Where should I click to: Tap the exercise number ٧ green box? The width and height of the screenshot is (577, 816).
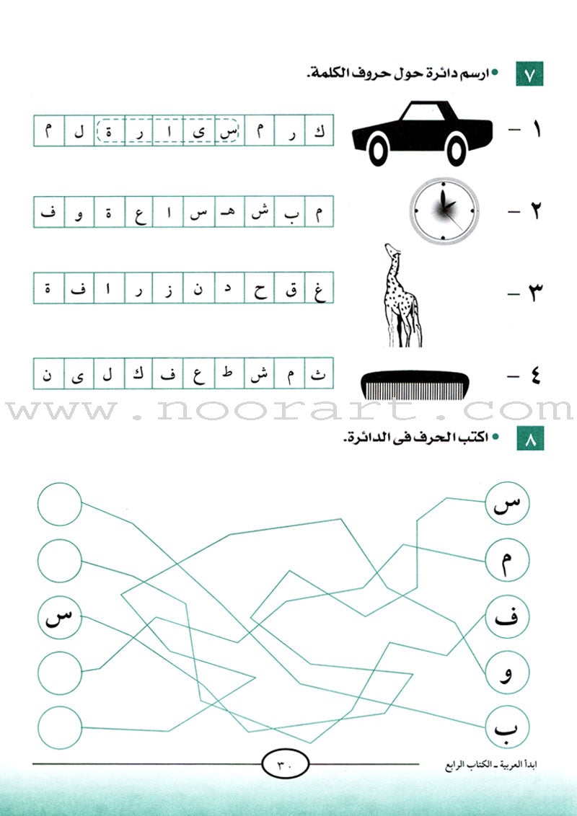pyautogui.click(x=529, y=75)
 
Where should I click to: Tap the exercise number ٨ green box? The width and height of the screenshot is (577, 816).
pyautogui.click(x=529, y=438)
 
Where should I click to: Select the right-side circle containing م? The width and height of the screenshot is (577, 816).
pyautogui.click(x=507, y=562)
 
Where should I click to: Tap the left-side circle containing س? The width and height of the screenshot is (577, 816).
pyautogui.click(x=60, y=617)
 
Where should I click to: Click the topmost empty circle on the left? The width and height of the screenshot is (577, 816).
pyautogui.click(x=60, y=504)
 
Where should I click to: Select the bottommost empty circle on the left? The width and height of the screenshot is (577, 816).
pyautogui.click(x=60, y=727)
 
